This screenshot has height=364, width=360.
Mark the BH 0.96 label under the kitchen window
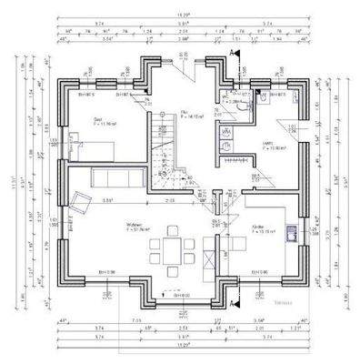[259, 272]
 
